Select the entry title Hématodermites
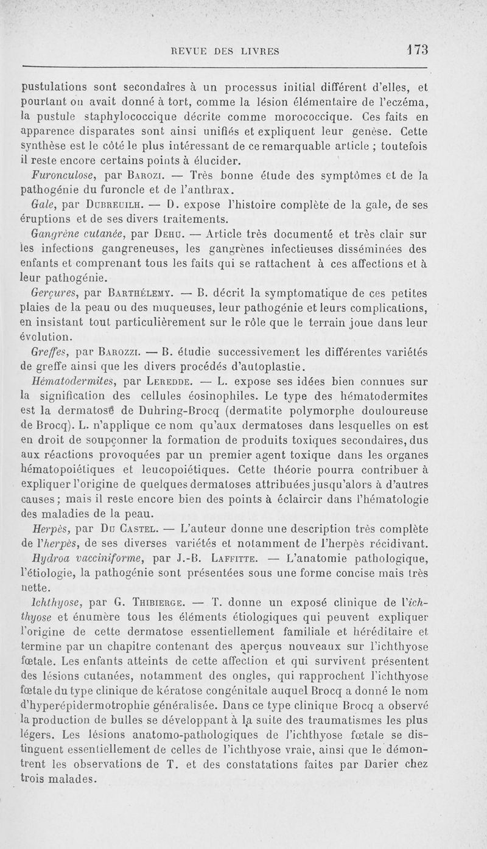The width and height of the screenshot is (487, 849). tap(75, 382)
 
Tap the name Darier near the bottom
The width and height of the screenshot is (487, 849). tap(385, 763)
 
